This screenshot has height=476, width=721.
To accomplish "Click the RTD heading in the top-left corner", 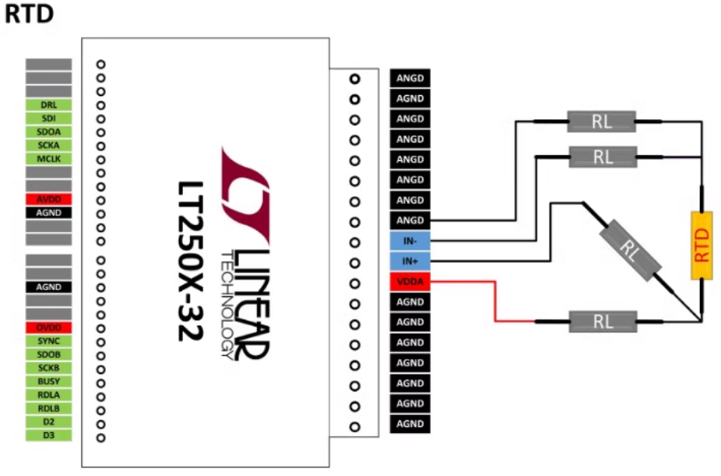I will tap(29, 14).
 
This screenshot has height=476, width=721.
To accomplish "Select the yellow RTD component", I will tap(702, 245).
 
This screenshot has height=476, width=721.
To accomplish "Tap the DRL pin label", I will tap(48, 105).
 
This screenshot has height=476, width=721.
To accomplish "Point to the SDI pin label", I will tap(48, 119).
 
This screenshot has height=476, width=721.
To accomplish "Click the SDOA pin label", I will tap(48, 132).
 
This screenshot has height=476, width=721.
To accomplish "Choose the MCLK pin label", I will tap(48, 159).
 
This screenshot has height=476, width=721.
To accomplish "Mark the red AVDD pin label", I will tap(48, 199).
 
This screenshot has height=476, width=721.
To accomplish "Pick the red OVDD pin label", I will tap(48, 328).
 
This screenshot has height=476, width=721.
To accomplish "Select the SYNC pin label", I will tap(48, 342).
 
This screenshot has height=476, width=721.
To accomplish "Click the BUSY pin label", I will tap(48, 382).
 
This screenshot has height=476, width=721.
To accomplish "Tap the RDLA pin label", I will tap(48, 395).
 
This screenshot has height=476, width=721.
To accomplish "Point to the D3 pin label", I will tap(48, 436).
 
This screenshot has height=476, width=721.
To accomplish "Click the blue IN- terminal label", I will tap(410, 241).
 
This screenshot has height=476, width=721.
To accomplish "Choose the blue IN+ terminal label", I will tap(410, 261).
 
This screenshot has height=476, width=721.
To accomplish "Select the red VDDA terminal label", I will tap(410, 282).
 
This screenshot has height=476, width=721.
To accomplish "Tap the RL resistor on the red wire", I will tap(602, 322).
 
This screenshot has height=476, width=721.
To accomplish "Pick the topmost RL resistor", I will tap(602, 121).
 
